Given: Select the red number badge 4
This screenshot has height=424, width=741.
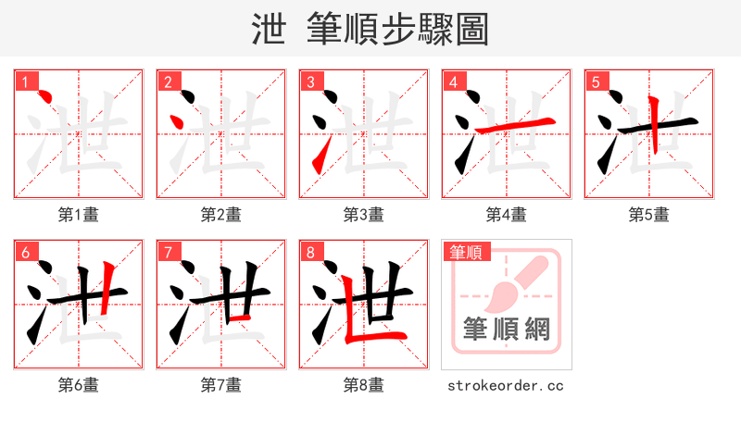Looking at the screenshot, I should [x=454, y=82].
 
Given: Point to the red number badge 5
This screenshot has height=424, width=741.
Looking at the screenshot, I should [x=597, y=82].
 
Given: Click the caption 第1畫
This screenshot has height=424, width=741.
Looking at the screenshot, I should [x=79, y=215].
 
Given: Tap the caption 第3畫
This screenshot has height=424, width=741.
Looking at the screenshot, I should [x=364, y=215].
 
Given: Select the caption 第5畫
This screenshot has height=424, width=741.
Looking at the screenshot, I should [x=649, y=215].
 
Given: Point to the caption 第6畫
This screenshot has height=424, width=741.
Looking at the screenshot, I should [x=79, y=385].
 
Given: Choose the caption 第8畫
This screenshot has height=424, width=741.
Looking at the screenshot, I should [x=364, y=385].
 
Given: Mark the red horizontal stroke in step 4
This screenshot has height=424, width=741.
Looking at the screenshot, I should [x=518, y=123].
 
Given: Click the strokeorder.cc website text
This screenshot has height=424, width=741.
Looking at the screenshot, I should [x=505, y=385].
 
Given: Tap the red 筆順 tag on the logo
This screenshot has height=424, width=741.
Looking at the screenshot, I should [x=467, y=252].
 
